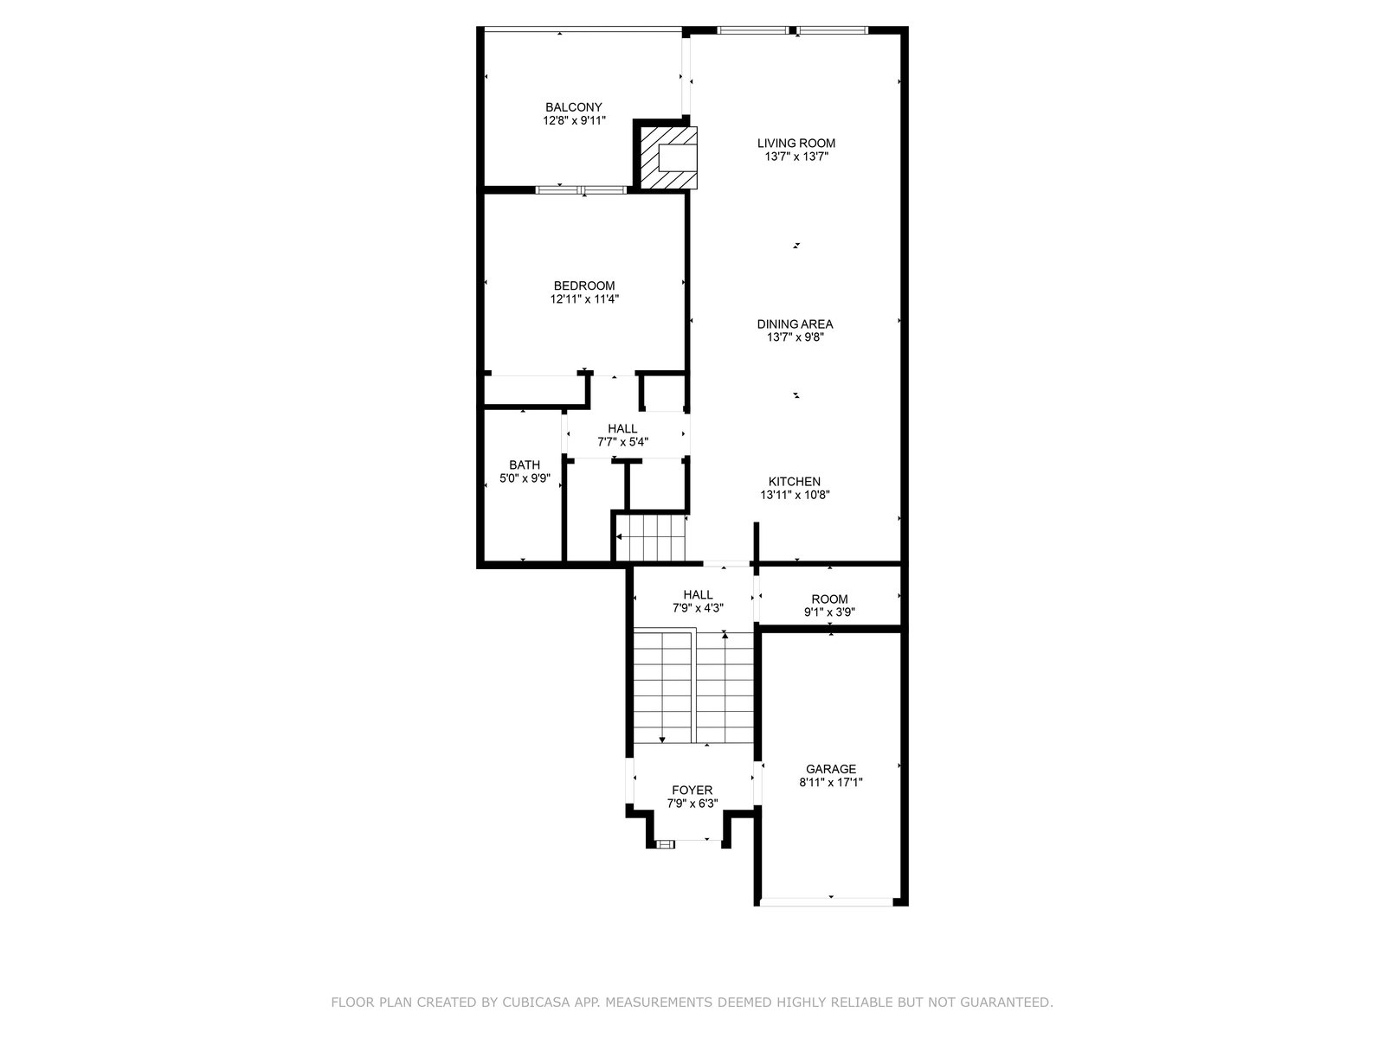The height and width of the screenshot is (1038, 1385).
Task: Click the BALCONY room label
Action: pyautogui.click(x=573, y=107)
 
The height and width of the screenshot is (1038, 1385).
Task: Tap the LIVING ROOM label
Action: pyautogui.click(x=796, y=143)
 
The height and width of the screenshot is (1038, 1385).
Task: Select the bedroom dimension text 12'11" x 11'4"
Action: pyautogui.click(x=583, y=298)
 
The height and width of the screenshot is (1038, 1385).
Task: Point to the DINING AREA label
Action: pyautogui.click(x=795, y=324)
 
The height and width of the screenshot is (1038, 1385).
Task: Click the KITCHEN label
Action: pyautogui.click(x=794, y=482)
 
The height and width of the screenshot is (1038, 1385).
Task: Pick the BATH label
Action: pyautogui.click(x=525, y=465)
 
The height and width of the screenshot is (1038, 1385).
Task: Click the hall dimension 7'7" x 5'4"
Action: pyautogui.click(x=622, y=442)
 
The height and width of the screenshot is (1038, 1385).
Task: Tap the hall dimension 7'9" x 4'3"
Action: pyautogui.click(x=697, y=608)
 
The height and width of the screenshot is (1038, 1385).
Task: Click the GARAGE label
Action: pyautogui.click(x=830, y=769)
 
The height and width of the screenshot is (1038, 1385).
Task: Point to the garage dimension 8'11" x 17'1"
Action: pyautogui.click(x=830, y=782)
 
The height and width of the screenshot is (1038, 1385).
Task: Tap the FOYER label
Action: pyautogui.click(x=692, y=790)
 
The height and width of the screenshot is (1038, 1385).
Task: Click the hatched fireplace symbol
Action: pyautogui.click(x=669, y=157)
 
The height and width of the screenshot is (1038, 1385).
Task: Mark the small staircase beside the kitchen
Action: pyautogui.click(x=651, y=537)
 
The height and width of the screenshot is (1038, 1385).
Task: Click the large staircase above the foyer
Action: pyautogui.click(x=693, y=686)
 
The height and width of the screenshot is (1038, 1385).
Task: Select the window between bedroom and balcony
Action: pyautogui.click(x=581, y=189)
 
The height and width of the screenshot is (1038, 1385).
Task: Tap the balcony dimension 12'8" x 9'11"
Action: pyautogui.click(x=574, y=120)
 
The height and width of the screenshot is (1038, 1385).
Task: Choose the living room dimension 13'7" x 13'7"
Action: pyautogui.click(x=796, y=157)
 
